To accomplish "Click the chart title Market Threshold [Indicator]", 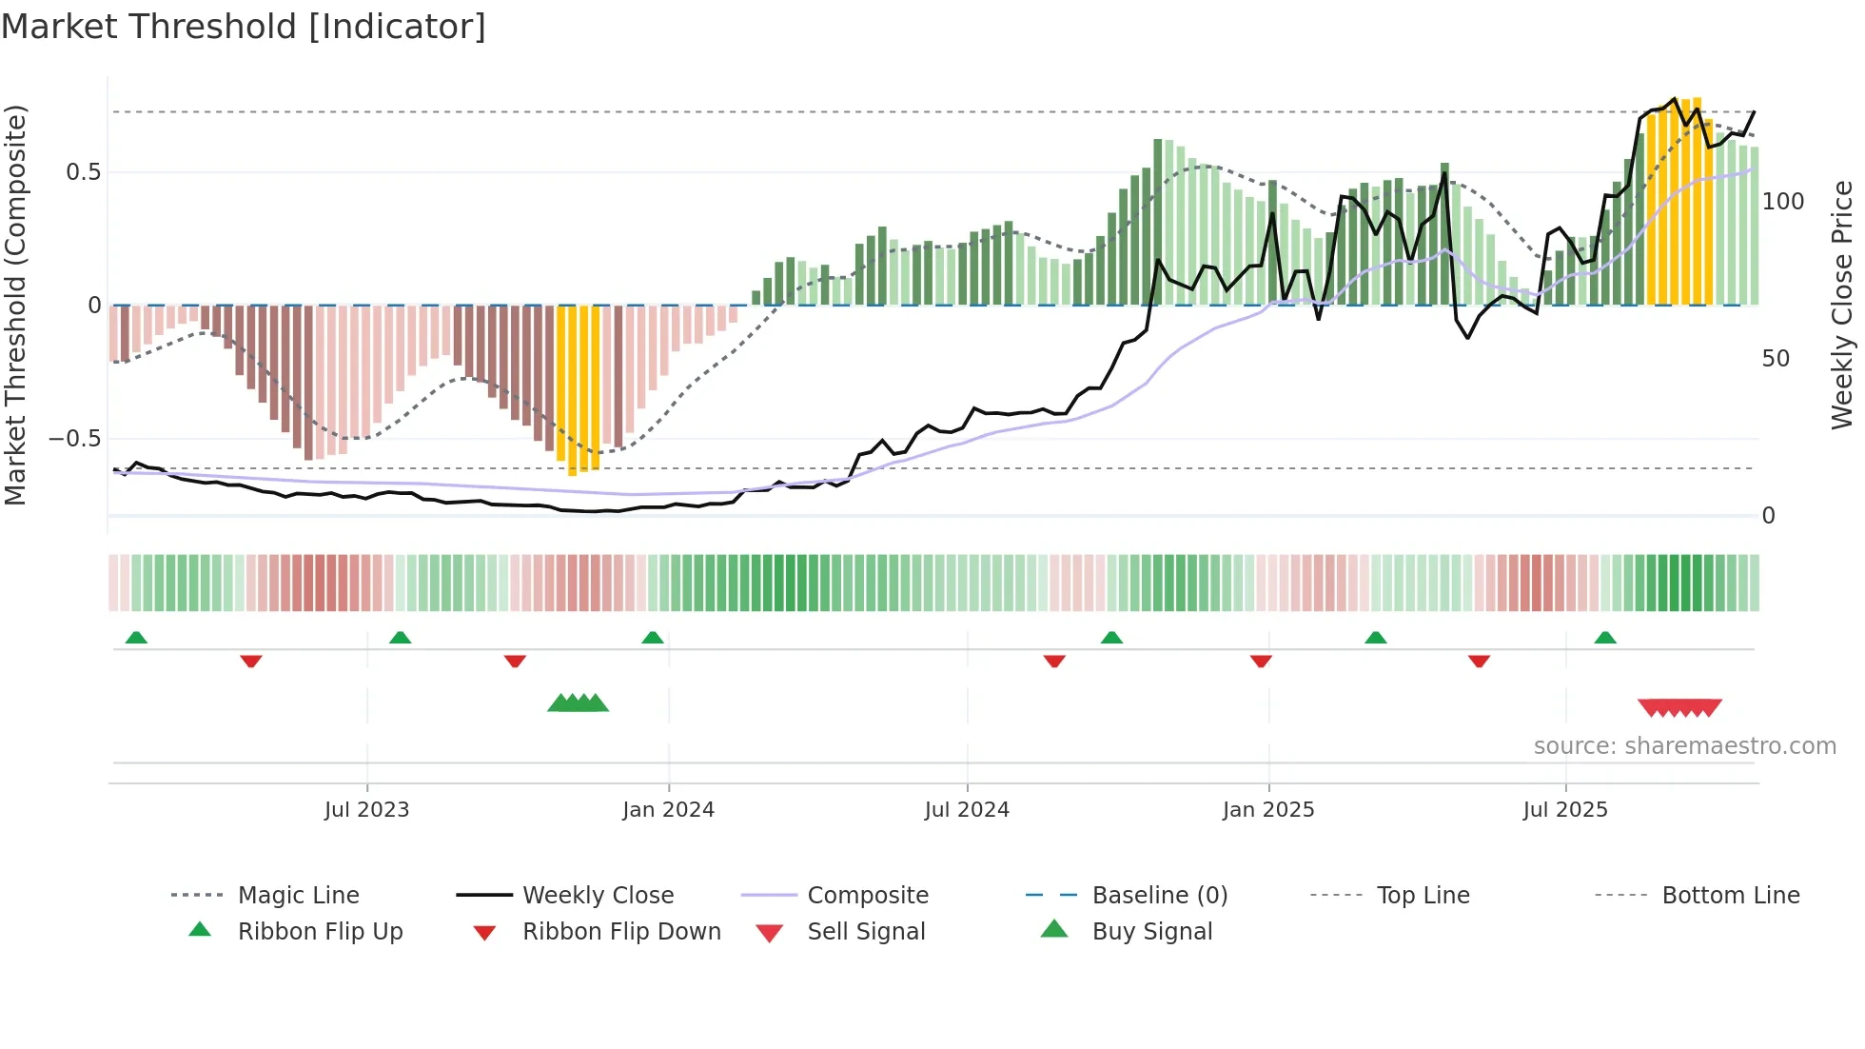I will click(244, 27).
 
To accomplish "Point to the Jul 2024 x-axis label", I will click(967, 809).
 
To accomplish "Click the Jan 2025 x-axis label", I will click(1268, 809).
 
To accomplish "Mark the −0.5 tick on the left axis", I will click(75, 439).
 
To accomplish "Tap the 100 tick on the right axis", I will click(1782, 202).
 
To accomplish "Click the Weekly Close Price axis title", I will click(1842, 305).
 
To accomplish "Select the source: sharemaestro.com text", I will click(1684, 745).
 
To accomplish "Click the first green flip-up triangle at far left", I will click(136, 638).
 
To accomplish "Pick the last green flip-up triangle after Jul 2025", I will click(1605, 638).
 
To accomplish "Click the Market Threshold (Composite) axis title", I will click(16, 305).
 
